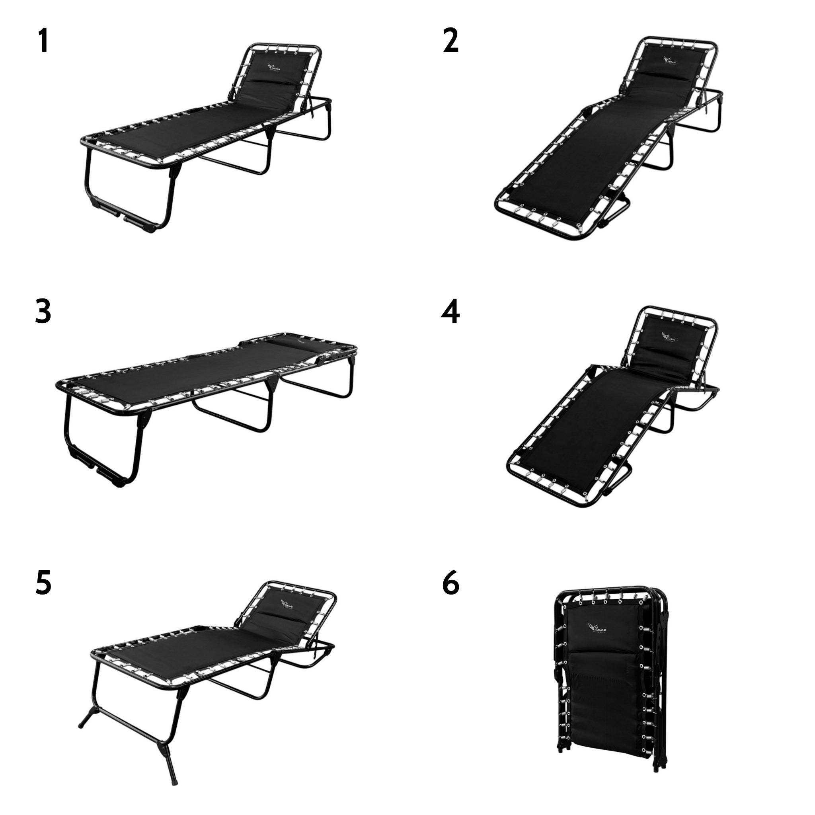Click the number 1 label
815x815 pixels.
point(43,41)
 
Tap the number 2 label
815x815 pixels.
point(450,41)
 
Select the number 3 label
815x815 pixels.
point(43,312)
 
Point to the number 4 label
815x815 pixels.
point(450,312)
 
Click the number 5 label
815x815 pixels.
point(43,583)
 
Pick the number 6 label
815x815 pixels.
point(450,583)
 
